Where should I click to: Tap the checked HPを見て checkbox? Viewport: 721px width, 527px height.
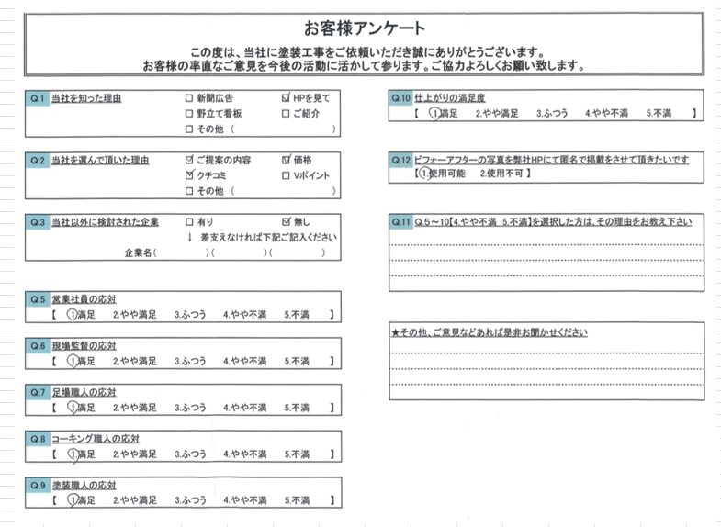(286, 97)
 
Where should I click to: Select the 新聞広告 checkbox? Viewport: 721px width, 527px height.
(189, 97)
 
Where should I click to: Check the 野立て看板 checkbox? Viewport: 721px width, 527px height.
(189, 113)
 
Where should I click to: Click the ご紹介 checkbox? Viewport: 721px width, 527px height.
(286, 113)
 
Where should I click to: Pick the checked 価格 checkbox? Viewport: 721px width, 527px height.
(286, 159)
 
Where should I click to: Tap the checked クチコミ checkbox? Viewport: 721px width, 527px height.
(189, 174)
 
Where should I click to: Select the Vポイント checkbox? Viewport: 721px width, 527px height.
(286, 174)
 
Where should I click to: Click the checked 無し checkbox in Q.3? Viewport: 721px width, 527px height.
(286, 221)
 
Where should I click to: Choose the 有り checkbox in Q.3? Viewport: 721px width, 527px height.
(189, 221)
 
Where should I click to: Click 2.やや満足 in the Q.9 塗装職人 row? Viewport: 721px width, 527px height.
(134, 500)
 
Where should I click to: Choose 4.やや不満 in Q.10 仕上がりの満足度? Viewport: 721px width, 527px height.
(606, 113)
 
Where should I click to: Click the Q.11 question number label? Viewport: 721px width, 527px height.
(400, 221)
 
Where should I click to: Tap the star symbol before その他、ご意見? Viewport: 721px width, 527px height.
(395, 332)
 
